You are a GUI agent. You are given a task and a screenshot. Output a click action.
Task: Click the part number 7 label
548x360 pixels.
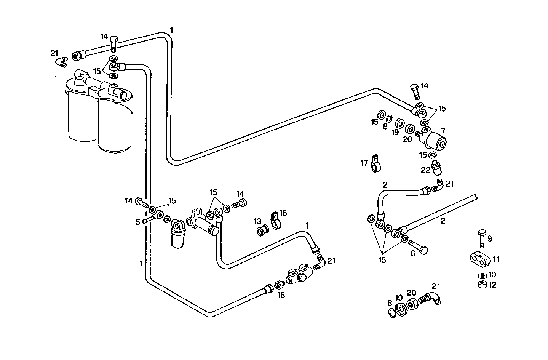click(443, 131)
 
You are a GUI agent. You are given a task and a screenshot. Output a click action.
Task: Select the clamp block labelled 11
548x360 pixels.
click(479, 259)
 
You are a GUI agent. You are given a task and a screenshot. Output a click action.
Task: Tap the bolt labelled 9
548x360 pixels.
click(481, 238)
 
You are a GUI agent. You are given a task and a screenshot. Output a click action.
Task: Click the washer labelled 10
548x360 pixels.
click(481, 275)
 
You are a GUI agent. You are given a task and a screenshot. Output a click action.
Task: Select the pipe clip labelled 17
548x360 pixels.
click(375, 164)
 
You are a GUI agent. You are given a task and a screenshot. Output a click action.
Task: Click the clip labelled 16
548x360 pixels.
click(275, 221)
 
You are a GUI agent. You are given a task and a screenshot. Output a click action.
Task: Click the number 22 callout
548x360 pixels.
click(425, 170)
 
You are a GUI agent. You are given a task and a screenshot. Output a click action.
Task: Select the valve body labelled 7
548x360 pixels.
click(434, 141)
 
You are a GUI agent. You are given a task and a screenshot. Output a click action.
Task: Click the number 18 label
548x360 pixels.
click(281, 295)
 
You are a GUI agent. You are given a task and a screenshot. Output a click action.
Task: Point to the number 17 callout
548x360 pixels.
click(364, 163)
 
